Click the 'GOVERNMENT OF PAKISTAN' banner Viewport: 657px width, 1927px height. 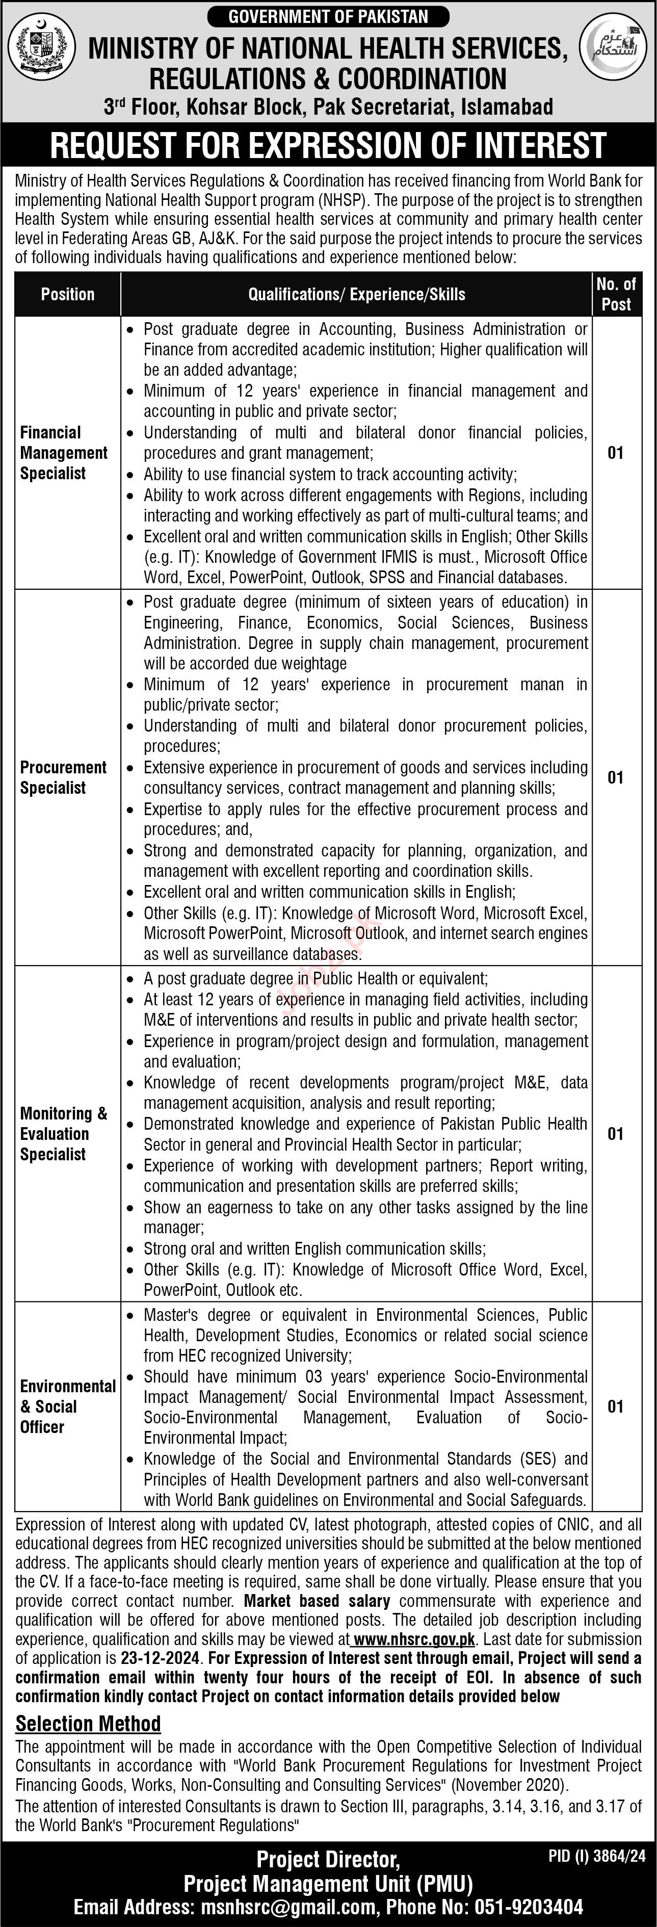coord(328,16)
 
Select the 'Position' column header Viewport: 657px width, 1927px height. coord(67,294)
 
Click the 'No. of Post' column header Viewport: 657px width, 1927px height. coord(616,294)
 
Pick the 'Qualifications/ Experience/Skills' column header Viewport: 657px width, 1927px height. coord(356,294)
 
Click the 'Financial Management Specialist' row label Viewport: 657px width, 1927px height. coord(64,453)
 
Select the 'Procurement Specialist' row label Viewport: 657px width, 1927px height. coord(63,777)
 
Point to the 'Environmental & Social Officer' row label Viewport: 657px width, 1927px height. coord(67,1407)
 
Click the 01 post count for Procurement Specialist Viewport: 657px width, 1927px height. coord(615,778)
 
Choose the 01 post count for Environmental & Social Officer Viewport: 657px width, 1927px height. coord(615,1407)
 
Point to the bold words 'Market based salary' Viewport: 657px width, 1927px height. coord(317,1601)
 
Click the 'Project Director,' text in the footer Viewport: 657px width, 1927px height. coord(328,1858)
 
